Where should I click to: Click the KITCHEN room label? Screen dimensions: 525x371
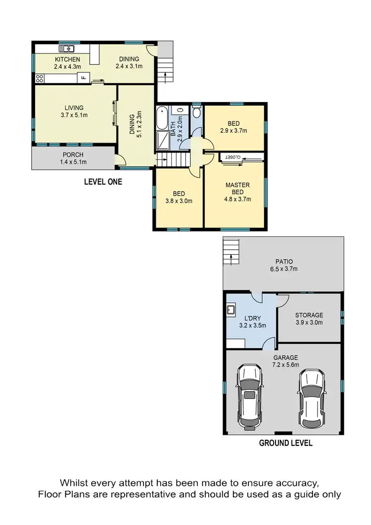[x=67, y=59]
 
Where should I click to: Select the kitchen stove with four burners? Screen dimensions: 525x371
[x=39, y=78]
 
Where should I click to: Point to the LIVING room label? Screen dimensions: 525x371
[x=74, y=107]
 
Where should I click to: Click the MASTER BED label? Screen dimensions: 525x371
[x=237, y=189]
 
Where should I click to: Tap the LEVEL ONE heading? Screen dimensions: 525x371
[x=103, y=182]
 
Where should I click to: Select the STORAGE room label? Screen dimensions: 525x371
[x=309, y=315]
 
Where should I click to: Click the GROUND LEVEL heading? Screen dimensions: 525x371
[x=285, y=443]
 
